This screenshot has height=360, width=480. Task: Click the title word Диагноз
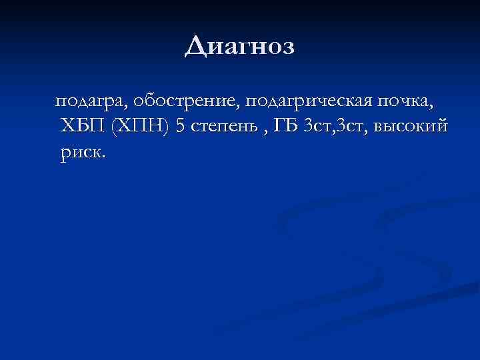(x=239, y=46)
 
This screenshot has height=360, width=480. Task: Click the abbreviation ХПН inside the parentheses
(x=141, y=127)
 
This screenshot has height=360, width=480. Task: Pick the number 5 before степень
(x=179, y=127)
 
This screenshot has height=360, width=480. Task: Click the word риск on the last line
(x=80, y=152)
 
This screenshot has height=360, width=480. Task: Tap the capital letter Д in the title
(x=194, y=47)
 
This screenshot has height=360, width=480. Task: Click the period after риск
(x=103, y=157)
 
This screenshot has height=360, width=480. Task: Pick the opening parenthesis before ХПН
(x=114, y=127)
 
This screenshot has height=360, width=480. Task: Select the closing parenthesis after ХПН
(x=167, y=127)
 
